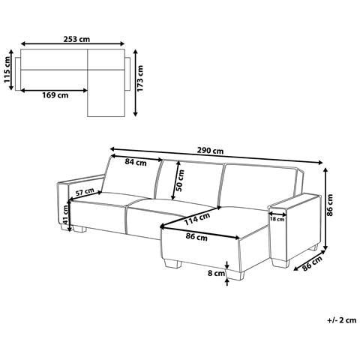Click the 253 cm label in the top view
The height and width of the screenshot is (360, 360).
coord(76,39)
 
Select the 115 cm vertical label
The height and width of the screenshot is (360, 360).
coord(7,70)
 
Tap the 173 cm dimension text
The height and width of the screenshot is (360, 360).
coord(140,78)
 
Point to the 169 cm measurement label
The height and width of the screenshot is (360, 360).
coord(55,95)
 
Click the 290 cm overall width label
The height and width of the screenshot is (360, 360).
coord(210,151)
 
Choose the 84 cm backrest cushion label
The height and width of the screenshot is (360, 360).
coord(136,162)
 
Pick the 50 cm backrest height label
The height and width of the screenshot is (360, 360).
coord(180,181)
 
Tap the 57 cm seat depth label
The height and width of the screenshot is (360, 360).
coord(85,192)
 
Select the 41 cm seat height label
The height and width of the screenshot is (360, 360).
coord(65,214)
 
